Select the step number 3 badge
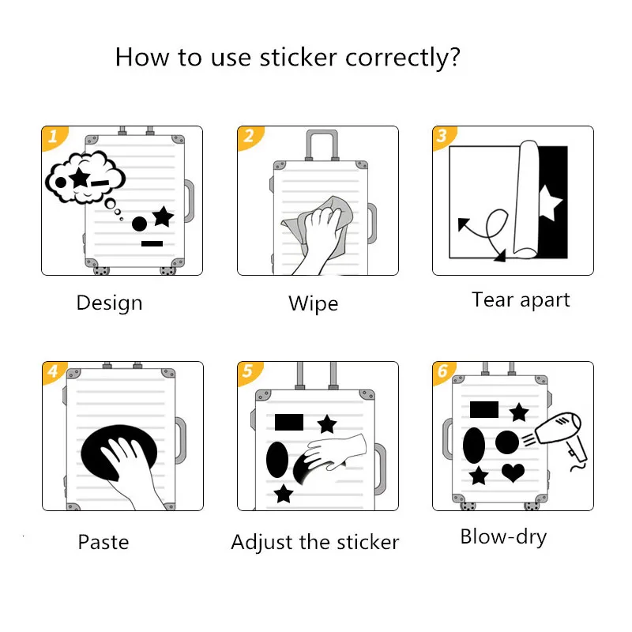click(x=442, y=137)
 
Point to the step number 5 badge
click(x=248, y=372)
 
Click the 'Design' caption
click(x=109, y=303)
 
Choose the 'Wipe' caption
click(x=313, y=303)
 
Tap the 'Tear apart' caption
click(x=521, y=299)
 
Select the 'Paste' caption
click(x=103, y=542)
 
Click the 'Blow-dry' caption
click(x=503, y=537)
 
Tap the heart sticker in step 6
click(x=513, y=472)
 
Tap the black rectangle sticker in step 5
click(x=289, y=421)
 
